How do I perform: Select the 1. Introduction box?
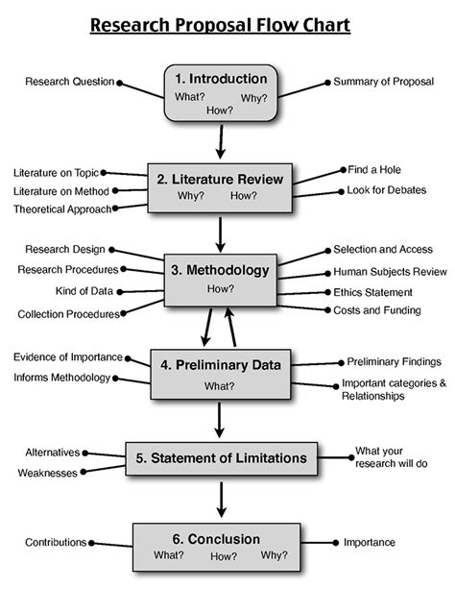coord(220,92)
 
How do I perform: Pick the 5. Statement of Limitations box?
coord(220,457)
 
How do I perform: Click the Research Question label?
coord(69,82)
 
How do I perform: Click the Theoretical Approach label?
coord(63,208)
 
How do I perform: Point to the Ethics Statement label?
coord(372,292)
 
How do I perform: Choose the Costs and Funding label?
coord(371,310)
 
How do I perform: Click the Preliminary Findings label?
coord(394,362)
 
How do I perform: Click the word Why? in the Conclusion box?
coord(275,555)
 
